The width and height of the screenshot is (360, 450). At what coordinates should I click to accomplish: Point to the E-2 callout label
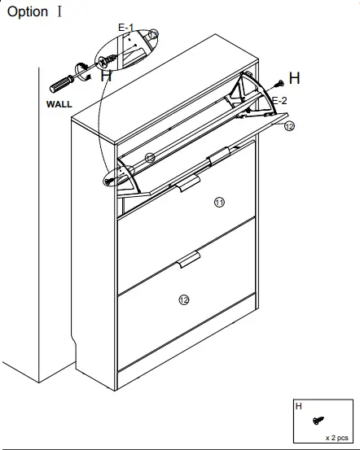tap(279, 100)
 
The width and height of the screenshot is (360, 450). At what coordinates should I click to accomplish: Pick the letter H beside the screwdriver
tap(106, 76)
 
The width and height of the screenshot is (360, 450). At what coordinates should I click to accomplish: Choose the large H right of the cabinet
tap(294, 78)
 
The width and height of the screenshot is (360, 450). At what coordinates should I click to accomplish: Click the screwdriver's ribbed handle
tap(62, 85)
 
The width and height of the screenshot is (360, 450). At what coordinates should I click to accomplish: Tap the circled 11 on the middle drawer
tap(217, 202)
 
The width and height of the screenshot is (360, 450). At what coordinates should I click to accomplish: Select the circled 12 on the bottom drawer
tap(184, 300)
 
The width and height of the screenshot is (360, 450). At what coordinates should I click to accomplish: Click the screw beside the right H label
tap(279, 82)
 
